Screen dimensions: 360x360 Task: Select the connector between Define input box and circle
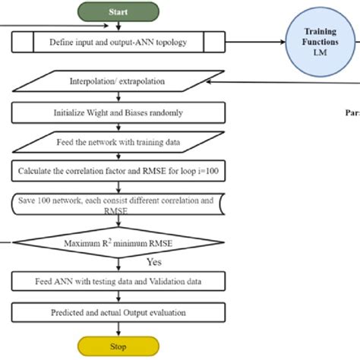point(258,42)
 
